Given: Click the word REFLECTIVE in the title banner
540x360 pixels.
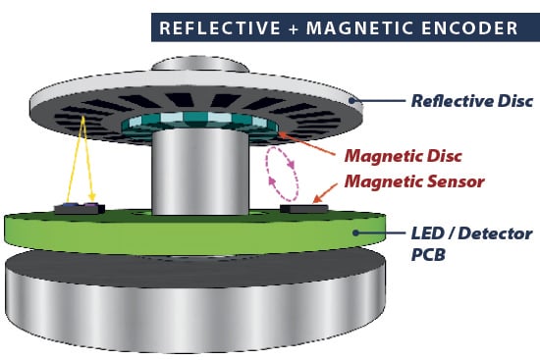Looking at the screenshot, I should [217, 27].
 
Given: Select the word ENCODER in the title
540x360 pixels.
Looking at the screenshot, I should [472, 27].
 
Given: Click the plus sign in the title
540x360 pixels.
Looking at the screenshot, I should [290, 27].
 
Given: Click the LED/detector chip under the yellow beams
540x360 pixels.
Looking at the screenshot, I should [80, 207].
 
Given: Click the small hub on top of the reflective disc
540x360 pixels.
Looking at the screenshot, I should [196, 67].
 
